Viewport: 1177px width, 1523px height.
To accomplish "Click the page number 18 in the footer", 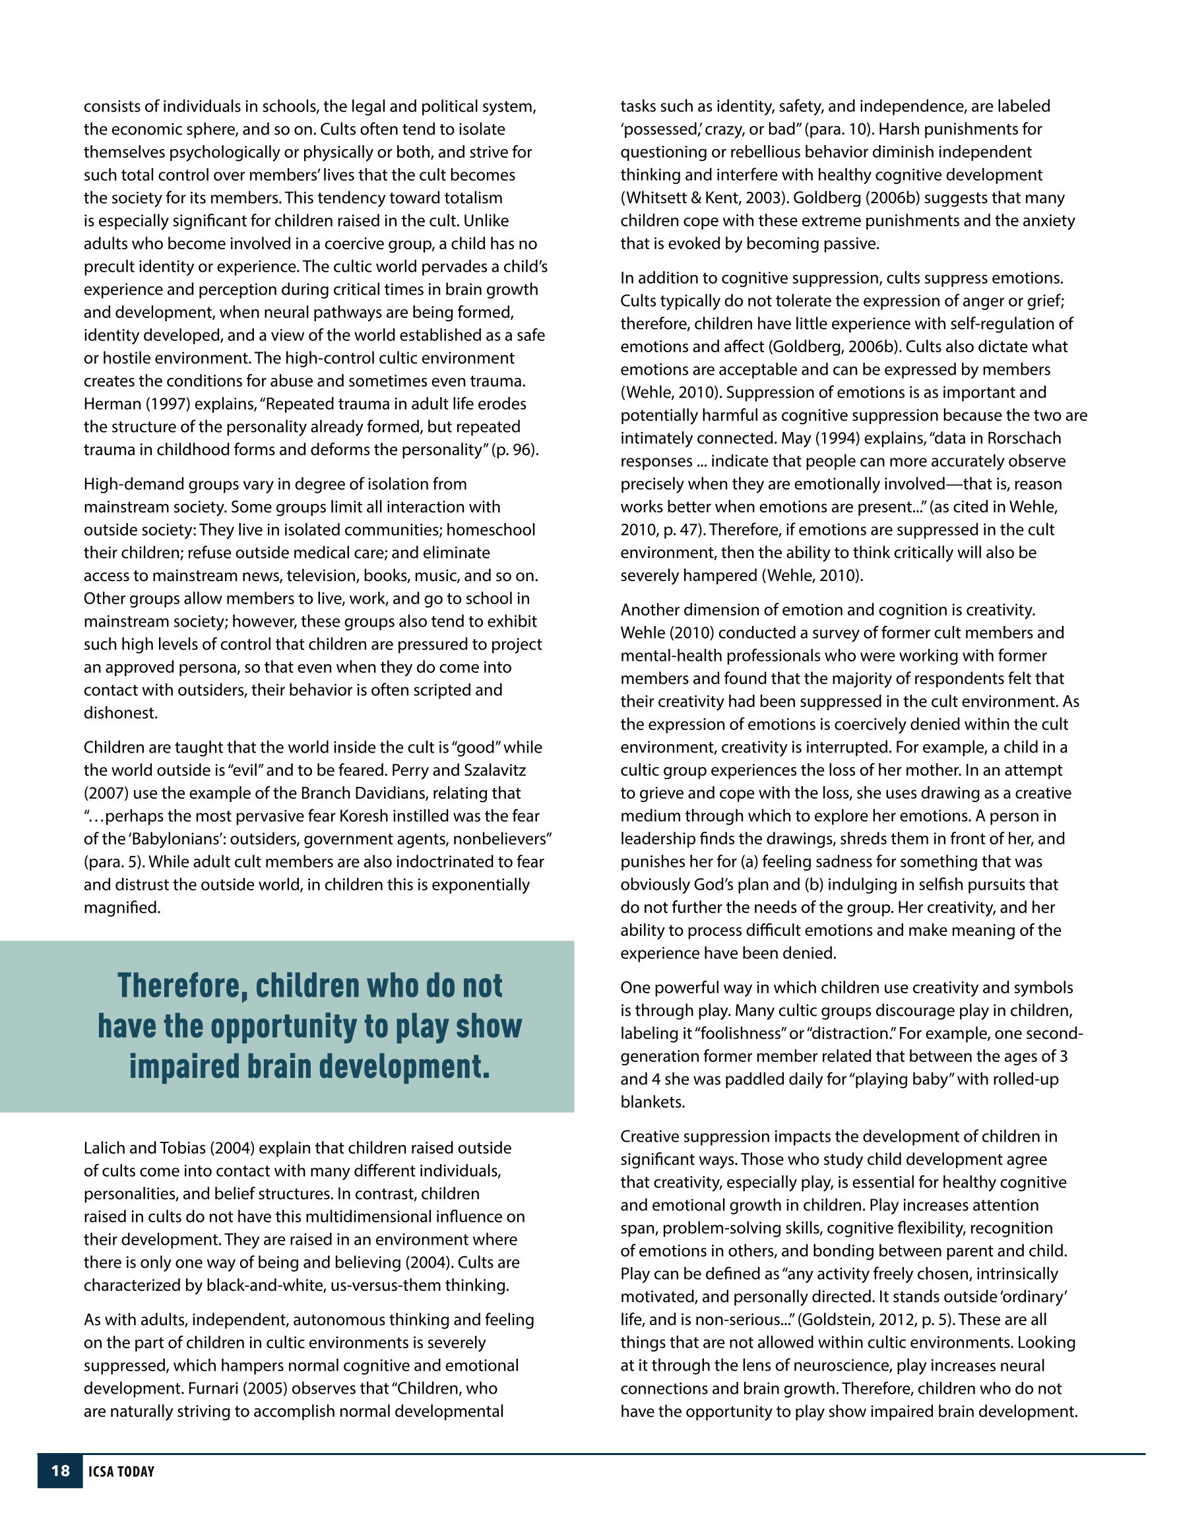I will (x=60, y=1471).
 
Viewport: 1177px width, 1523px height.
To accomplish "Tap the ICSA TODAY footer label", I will (x=121, y=1472).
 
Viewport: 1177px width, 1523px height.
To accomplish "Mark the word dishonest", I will (x=121, y=712).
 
